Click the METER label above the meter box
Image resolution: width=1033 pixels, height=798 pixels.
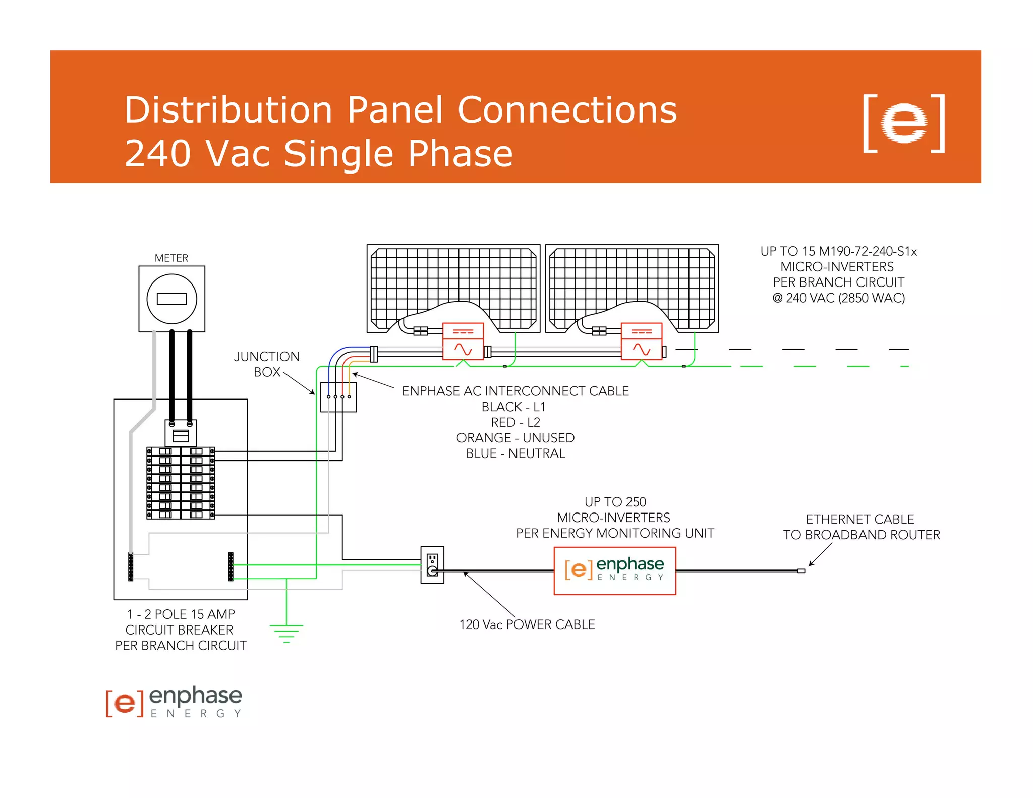[171, 258]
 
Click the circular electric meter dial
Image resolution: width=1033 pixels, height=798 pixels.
[171, 299]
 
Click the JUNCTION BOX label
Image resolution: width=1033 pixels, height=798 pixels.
[266, 364]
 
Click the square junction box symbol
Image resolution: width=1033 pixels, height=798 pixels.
[338, 397]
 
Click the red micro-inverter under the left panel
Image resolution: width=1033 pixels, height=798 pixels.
[463, 341]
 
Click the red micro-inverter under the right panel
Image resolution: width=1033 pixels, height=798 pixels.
[642, 341]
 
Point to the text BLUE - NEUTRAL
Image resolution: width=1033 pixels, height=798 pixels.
[515, 453]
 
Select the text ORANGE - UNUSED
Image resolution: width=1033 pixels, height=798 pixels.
[515, 438]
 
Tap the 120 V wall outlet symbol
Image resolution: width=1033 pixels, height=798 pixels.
[432, 565]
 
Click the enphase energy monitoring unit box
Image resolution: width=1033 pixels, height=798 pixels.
[614, 571]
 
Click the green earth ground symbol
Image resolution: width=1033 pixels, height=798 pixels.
[286, 633]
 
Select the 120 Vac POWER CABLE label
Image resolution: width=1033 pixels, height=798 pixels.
[527, 624]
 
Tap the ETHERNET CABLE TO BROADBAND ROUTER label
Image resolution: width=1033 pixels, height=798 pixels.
[861, 527]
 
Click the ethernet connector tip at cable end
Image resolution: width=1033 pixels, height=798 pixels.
[801, 571]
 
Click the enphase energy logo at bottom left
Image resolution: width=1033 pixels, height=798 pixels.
[174, 701]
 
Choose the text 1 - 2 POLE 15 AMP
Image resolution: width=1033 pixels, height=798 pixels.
[181, 614]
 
